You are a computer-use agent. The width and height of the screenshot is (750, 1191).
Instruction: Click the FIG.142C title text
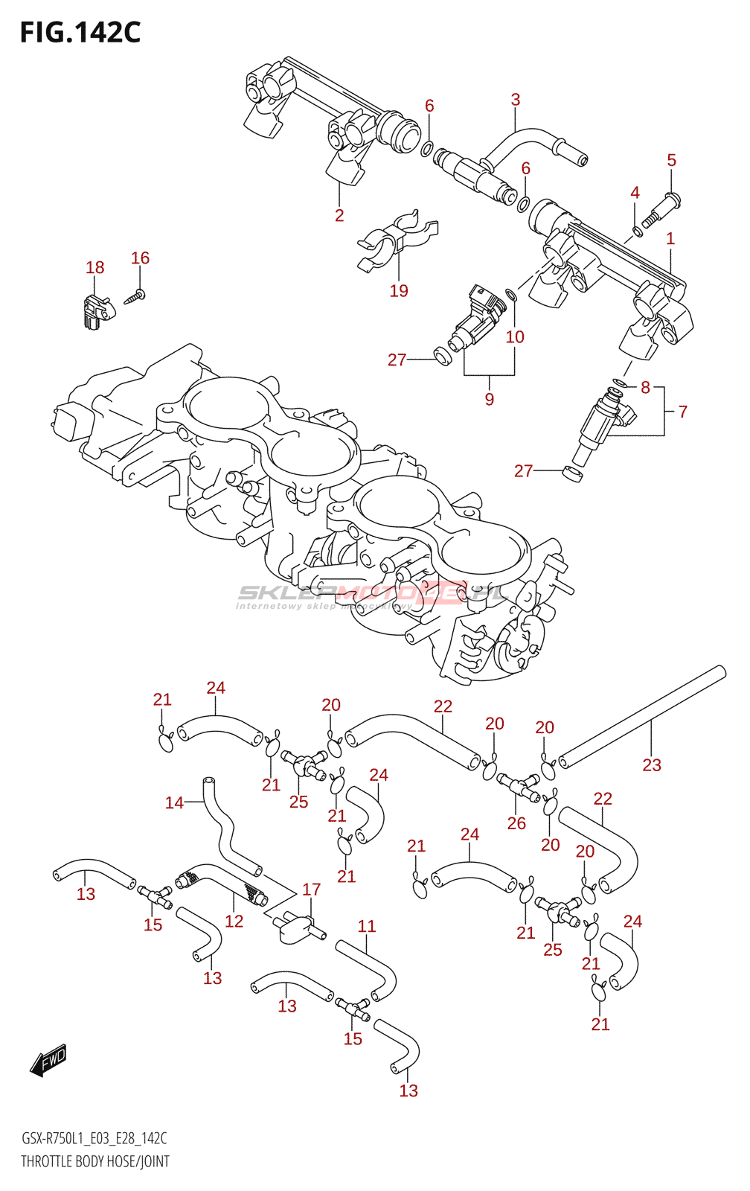[80, 33]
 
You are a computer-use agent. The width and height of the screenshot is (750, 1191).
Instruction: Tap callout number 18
[94, 268]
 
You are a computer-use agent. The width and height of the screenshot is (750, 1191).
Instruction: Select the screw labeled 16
[136, 296]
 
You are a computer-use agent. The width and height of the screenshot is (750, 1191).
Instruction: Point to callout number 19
[399, 291]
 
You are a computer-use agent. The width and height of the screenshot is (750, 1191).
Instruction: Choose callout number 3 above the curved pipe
[515, 100]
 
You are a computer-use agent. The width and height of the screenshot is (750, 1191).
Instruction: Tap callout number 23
[652, 765]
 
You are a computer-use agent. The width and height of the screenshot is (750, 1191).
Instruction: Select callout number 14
[174, 802]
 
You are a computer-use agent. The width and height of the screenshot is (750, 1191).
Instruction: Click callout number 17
[311, 890]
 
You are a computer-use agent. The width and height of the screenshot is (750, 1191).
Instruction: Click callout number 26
[516, 823]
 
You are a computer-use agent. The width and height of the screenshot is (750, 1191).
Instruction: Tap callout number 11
[367, 926]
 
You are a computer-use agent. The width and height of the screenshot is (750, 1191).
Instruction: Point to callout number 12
[234, 922]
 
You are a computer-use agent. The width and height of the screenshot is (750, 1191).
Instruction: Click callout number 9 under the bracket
[490, 400]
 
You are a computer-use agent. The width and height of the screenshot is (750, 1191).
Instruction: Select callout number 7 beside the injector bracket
[682, 412]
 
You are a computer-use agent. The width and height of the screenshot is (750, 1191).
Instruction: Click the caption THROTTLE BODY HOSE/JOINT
[95, 1161]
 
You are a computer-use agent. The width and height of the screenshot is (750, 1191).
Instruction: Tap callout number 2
[339, 216]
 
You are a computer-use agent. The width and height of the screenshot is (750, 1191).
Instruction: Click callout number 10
[515, 337]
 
